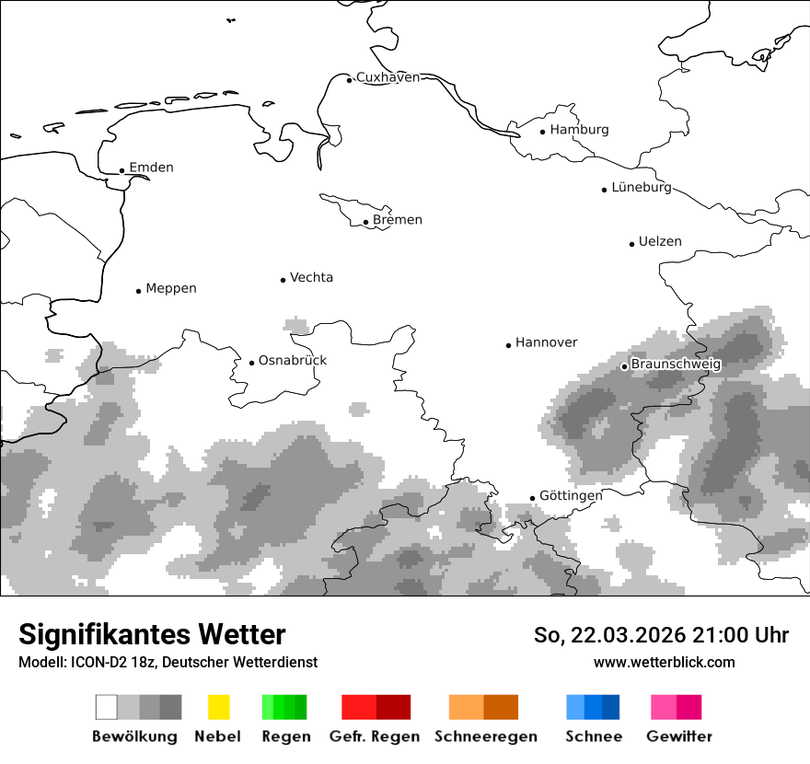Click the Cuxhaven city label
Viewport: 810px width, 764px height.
tap(388, 77)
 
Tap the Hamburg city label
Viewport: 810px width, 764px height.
tap(579, 130)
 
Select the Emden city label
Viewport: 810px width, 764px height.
tap(151, 168)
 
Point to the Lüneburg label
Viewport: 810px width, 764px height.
tap(642, 187)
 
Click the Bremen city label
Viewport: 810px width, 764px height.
tap(398, 220)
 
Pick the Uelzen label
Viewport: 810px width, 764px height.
tap(660, 242)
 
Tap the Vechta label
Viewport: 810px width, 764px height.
tap(311, 278)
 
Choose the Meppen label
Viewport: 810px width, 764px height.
tap(171, 289)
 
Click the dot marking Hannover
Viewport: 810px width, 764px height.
tap(508, 345)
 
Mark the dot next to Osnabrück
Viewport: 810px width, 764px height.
tap(251, 363)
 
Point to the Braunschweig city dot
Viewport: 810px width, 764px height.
tap(624, 366)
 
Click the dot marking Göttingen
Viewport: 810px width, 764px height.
tap(532, 498)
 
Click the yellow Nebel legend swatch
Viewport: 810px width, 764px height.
tap(218, 707)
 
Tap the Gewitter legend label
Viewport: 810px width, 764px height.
tap(678, 736)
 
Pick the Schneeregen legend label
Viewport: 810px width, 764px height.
tap(485, 736)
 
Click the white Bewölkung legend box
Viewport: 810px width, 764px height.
tap(107, 707)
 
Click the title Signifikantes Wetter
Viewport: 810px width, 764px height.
tap(152, 634)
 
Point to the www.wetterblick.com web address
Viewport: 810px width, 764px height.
tap(664, 662)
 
